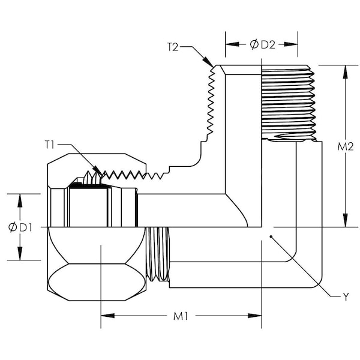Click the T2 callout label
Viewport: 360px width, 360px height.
coord(173,46)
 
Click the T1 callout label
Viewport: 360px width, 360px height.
coord(50,144)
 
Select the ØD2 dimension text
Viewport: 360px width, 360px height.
coord(262,44)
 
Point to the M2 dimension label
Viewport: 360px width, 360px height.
coord(345,146)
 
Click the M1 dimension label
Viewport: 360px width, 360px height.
coord(181,316)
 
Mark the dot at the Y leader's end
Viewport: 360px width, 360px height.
coord(271,238)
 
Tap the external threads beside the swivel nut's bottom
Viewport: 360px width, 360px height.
coord(158,253)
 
